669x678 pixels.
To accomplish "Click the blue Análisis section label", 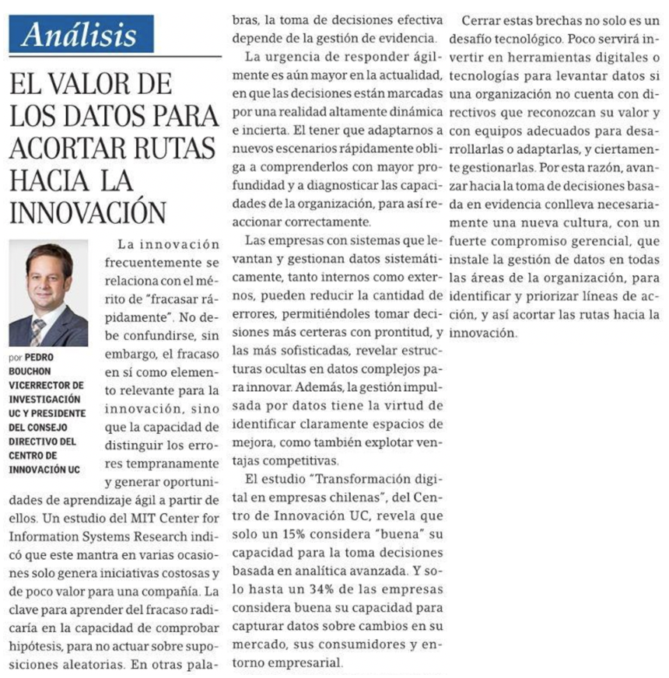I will (x=81, y=34).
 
